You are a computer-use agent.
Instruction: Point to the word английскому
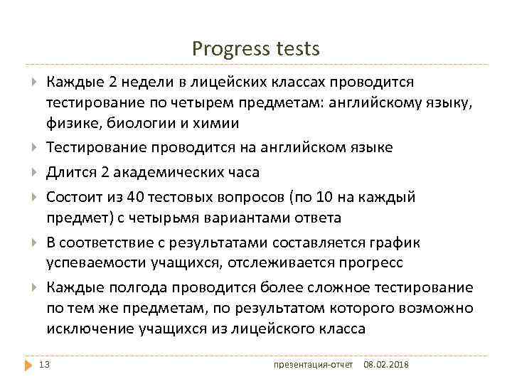(373, 104)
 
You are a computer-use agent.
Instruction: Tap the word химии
(214, 123)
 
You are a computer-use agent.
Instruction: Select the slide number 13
(45, 365)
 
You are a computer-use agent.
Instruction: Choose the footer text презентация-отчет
(314, 366)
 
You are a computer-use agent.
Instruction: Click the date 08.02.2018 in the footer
(387, 366)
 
